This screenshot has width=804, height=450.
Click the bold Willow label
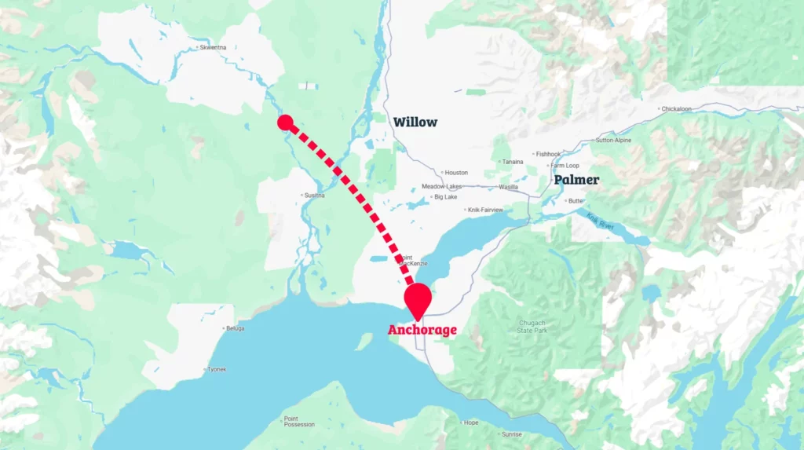point(415,122)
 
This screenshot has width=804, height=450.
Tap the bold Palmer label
point(576,180)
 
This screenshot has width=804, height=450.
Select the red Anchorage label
point(422,330)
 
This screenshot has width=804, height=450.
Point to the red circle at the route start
point(285,122)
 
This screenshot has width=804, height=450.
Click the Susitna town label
point(314,195)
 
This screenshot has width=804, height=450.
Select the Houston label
point(456,172)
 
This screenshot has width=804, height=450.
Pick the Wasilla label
point(509,187)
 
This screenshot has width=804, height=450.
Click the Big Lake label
point(445,197)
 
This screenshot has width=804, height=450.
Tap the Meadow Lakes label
point(441,186)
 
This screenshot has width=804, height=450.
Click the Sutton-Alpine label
point(614,141)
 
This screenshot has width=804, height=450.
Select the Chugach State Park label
point(532,326)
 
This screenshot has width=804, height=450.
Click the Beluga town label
point(235,327)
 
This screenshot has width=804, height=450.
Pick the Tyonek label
point(217,369)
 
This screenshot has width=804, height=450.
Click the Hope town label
point(471,423)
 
